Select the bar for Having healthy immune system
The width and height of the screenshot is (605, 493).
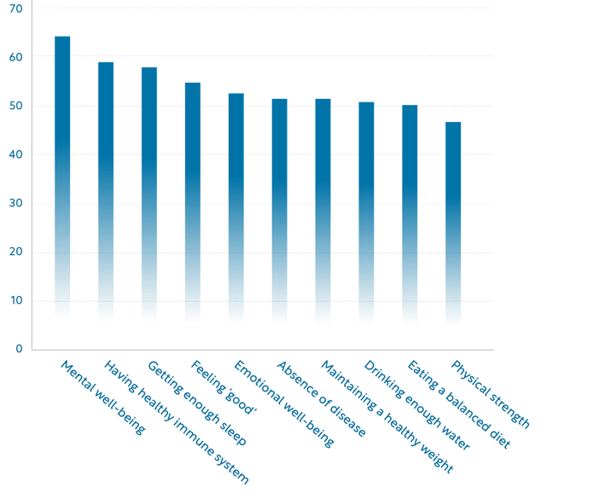click(x=106, y=191)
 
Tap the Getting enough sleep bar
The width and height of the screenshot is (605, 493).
click(x=149, y=194)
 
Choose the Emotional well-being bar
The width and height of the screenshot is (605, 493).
click(x=236, y=208)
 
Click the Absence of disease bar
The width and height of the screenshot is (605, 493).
click(x=279, y=211)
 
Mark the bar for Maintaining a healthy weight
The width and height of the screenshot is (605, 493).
click(x=323, y=211)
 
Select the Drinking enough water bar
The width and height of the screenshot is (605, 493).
click(x=366, y=213)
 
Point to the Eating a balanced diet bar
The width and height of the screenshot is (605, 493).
click(x=410, y=214)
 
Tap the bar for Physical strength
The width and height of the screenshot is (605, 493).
click(x=453, y=223)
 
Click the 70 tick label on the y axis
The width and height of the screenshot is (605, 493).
click(x=15, y=8)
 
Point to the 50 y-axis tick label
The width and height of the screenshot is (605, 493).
click(x=15, y=106)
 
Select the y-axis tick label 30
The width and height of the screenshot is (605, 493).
click(x=15, y=203)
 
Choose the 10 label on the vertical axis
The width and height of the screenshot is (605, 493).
click(x=15, y=300)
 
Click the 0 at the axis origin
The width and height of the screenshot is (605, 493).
click(x=19, y=349)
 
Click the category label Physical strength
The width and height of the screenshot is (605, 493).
click(x=491, y=393)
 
